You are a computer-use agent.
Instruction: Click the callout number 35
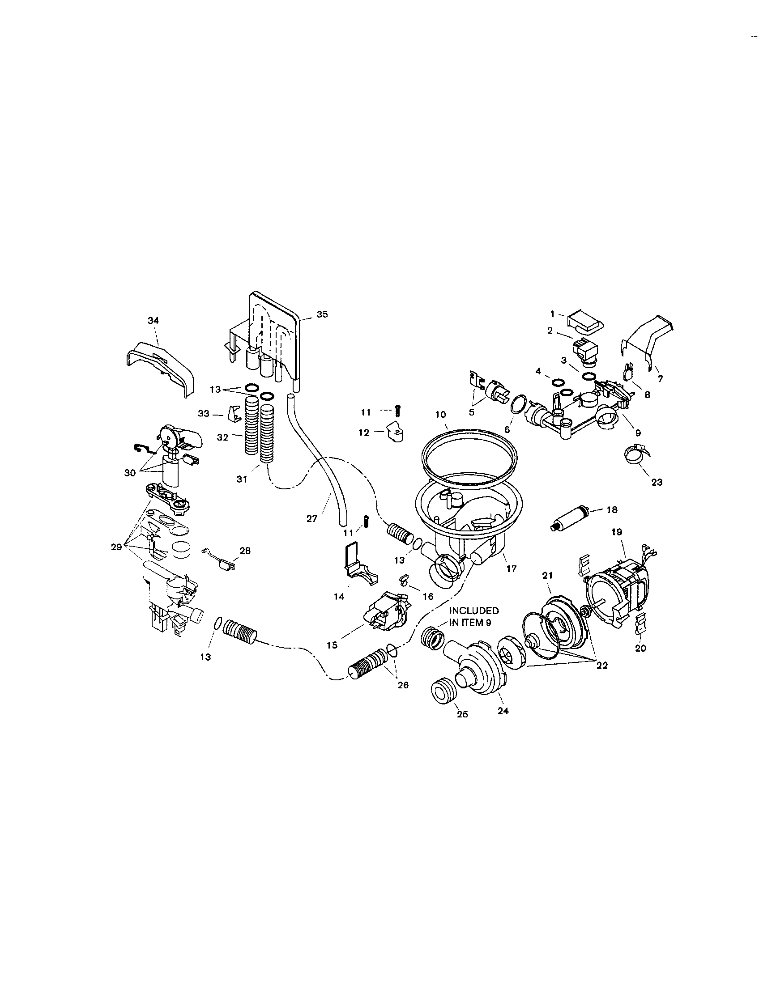click(x=322, y=314)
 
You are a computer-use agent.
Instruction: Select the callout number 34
click(x=153, y=320)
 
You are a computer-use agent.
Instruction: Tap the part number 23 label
click(x=657, y=482)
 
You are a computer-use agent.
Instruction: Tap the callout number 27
click(x=312, y=518)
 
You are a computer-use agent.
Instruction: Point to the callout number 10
click(x=441, y=414)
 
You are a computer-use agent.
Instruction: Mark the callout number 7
click(x=660, y=379)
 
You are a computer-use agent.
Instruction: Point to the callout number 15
click(x=332, y=645)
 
